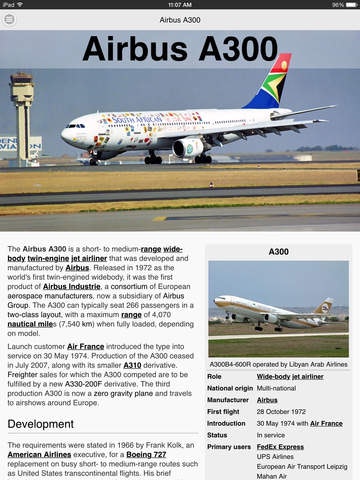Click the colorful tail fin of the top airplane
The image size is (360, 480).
pos(272,83)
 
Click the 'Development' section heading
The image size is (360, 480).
pos(43,423)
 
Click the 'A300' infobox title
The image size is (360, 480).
pos(279,252)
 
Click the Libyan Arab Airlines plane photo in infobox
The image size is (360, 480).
pos(279,298)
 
